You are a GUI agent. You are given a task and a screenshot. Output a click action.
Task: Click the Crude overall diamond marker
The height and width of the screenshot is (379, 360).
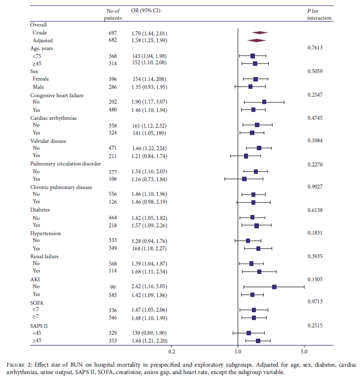(260, 32)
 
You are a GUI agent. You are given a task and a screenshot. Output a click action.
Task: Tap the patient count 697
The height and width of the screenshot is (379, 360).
(113, 32)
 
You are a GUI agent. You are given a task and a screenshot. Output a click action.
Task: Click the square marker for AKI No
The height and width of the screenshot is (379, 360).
(274, 287)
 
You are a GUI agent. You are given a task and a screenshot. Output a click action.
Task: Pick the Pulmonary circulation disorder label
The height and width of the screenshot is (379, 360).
(65, 163)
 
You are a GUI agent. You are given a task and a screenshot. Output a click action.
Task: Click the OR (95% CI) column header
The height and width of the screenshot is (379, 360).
(149, 10)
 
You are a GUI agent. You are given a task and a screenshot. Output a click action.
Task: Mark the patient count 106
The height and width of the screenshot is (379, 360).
(113, 179)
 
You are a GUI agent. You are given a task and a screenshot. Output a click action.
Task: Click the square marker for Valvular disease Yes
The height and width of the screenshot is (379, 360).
(246, 156)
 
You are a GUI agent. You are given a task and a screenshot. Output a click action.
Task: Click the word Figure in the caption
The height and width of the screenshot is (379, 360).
(17, 365)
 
